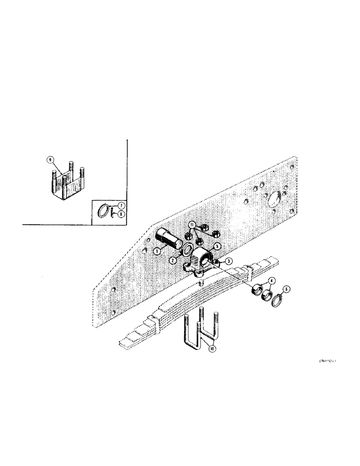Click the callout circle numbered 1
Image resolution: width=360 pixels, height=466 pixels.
coord(158,251)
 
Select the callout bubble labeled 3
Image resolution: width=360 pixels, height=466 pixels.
coord(229,262)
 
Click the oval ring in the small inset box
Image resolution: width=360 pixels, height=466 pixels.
coord(104,210)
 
